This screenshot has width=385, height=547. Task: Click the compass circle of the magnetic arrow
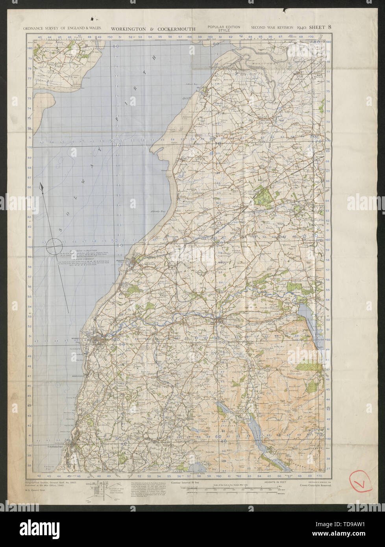point(54,247)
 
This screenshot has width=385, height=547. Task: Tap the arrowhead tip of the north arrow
point(41,185)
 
